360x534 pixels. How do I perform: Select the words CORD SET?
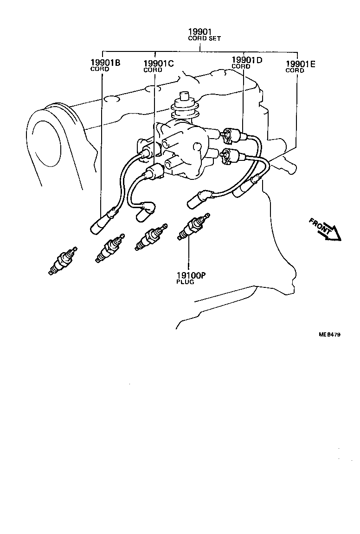pos(204,38)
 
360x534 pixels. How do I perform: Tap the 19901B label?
pos(105,63)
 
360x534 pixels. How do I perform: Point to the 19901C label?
pos(159,64)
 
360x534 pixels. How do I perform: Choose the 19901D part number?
pos(247,60)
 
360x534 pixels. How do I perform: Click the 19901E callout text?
pos(301,64)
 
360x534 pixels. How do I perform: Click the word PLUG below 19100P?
pos(185,282)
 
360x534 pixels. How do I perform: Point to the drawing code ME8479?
pos(329,334)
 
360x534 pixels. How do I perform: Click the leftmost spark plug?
pos(61,263)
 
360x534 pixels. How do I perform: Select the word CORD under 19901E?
pos(295,71)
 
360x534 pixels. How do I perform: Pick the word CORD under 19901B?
pos(99,70)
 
